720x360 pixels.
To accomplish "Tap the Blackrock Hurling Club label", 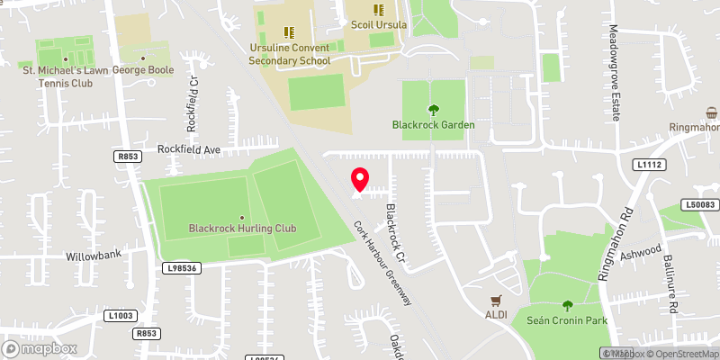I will [x=242, y=229].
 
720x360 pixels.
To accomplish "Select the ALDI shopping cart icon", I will [x=495, y=301].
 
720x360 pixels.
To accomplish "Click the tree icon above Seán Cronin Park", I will [x=567, y=306].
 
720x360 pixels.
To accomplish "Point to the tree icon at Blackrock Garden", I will [x=433, y=110].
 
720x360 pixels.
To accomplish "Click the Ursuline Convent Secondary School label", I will [x=289, y=53].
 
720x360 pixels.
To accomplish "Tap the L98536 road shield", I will [x=180, y=268].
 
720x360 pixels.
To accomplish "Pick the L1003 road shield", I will [x=121, y=314].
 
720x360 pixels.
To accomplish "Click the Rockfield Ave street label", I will [x=189, y=149].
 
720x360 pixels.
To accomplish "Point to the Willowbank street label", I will [x=93, y=256].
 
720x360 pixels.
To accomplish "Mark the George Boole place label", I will [x=142, y=69].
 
